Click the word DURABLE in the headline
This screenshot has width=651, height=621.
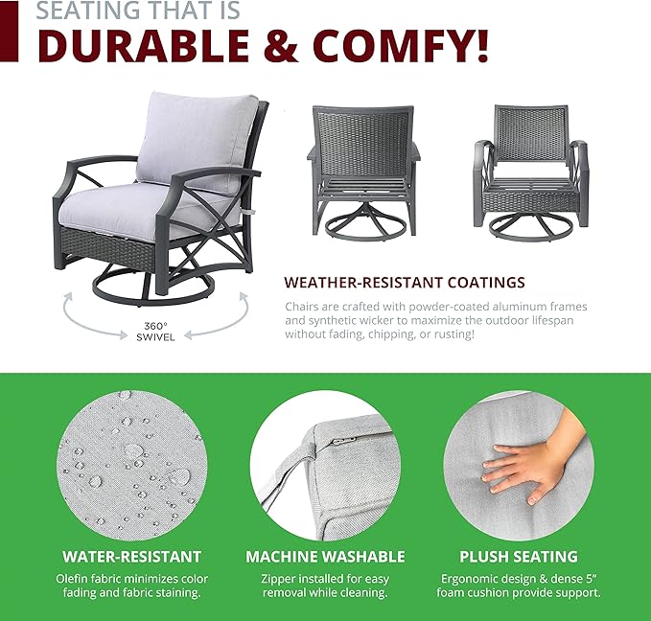(143, 45)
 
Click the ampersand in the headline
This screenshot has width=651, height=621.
(281, 45)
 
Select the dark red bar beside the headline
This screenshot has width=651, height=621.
(10, 31)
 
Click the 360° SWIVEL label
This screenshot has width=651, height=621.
(155, 332)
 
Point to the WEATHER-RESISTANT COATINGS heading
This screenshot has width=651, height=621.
(405, 283)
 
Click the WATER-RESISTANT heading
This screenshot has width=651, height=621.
(132, 557)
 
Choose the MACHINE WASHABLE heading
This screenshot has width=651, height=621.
(326, 557)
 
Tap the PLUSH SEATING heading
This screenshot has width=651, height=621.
(519, 557)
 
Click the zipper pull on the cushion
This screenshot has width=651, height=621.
(343, 441)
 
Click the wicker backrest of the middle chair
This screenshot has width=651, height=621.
(362, 142)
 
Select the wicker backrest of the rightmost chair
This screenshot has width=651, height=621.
(531, 133)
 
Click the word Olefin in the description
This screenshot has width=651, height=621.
(73, 579)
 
